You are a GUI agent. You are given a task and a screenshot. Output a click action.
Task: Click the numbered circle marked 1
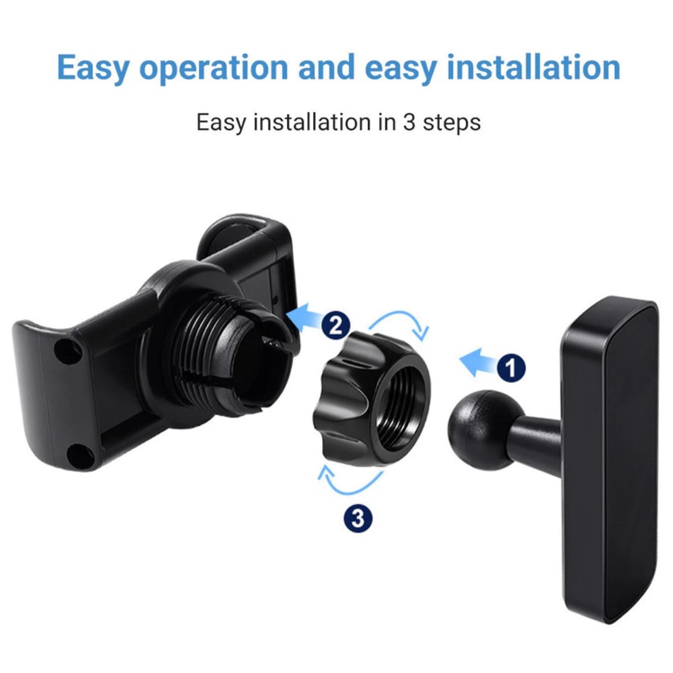(x=511, y=368)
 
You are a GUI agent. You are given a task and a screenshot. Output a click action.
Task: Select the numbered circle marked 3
(x=358, y=519)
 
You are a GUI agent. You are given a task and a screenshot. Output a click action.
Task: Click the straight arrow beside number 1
(x=477, y=362)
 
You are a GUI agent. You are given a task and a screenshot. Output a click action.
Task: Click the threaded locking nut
(x=372, y=398)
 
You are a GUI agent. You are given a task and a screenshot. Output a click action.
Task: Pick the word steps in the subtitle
(x=451, y=123)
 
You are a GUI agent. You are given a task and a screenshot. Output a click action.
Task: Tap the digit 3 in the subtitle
(x=409, y=122)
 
